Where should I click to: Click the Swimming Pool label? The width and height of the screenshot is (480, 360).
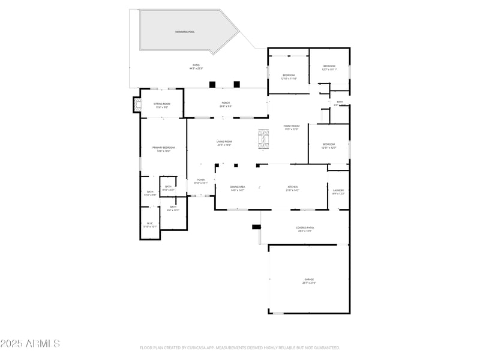coord(185,32)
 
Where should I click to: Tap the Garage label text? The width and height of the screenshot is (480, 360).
coord(308,280)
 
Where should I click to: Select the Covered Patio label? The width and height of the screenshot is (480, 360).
coord(305,228)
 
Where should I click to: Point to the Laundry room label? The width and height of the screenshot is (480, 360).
coord(338,190)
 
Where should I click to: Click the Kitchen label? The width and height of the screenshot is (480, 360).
coord(292,187)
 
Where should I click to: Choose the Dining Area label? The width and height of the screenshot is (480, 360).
coord(238,187)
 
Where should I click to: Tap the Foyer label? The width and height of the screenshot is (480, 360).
coord(201,179)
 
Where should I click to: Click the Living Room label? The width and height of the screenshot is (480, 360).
coord(224,142)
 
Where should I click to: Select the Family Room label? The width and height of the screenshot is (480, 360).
coord(292,126)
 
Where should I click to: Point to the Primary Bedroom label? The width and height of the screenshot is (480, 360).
coord(163,148)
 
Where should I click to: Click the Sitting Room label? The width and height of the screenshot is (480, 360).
coord(161,104)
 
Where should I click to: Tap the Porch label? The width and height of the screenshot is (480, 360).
coord(226,103)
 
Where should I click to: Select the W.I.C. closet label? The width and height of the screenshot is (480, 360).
coord(150,223)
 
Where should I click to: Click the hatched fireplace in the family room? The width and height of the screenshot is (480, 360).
coord(263,139)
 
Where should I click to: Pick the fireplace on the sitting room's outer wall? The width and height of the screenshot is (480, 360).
coord(137,106)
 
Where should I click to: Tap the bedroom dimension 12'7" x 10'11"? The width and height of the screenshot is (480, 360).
coord(329,70)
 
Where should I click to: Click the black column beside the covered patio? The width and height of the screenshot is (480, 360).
coord(256,227)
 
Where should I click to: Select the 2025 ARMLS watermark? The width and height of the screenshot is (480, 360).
coord(30,344)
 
